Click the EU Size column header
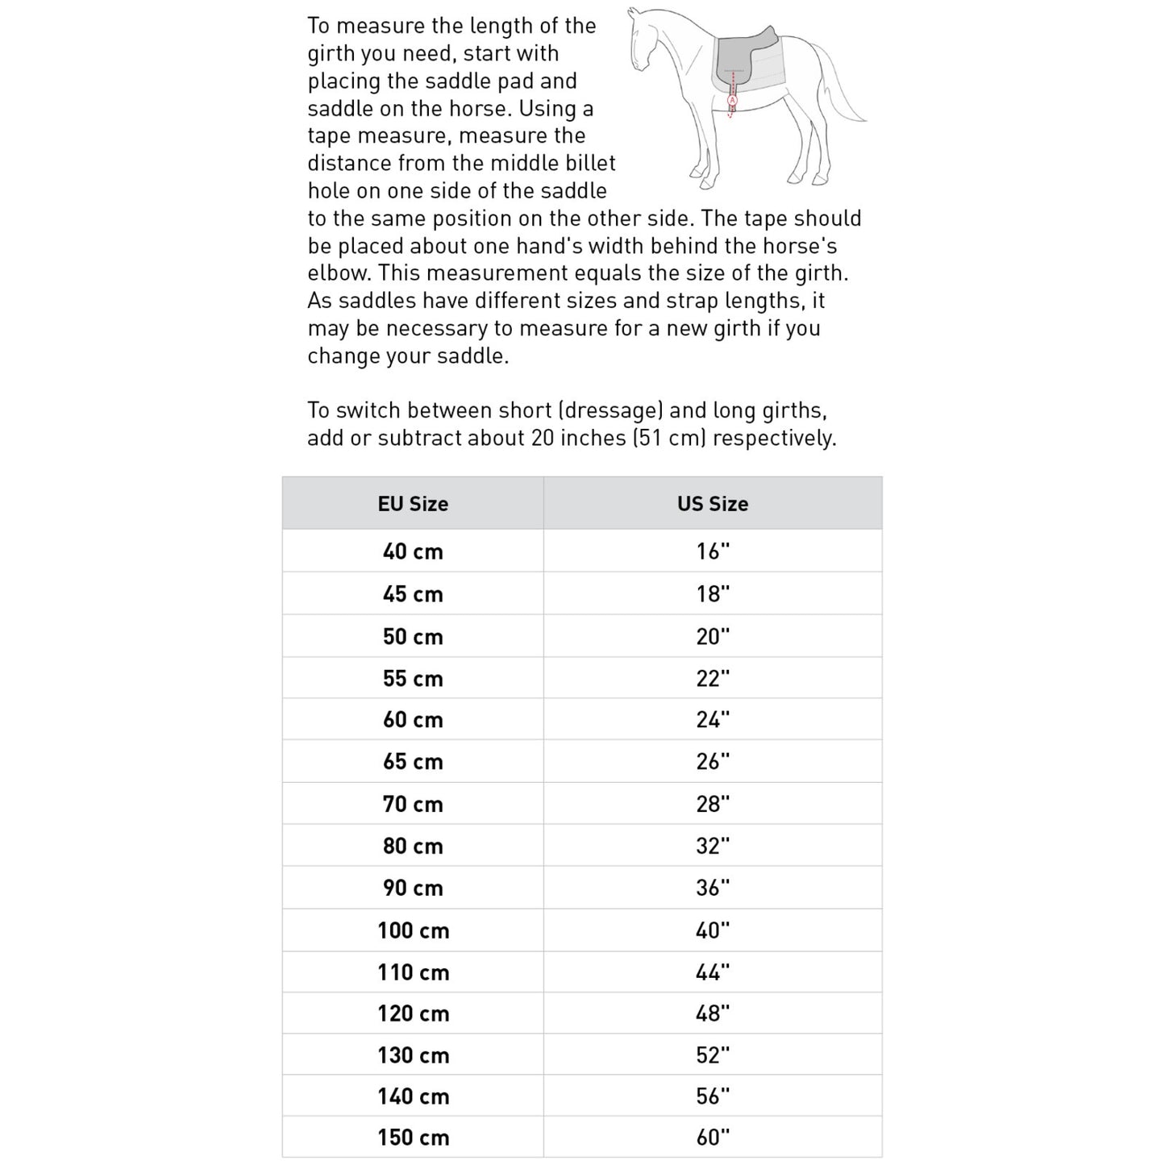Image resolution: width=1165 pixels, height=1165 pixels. point(413,504)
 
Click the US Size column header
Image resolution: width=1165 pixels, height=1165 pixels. point(713,504)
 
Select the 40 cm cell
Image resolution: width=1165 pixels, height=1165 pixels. point(413,551)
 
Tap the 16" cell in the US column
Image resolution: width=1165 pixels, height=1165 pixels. point(713,551)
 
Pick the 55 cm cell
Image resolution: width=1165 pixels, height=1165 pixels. point(413,678)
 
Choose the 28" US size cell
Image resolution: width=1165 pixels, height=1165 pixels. point(713,804)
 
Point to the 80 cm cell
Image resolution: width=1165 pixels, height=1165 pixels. point(413,846)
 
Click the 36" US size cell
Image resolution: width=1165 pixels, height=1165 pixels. point(713,888)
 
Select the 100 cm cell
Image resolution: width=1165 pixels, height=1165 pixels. point(413,930)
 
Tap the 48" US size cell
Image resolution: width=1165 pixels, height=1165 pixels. point(713,1013)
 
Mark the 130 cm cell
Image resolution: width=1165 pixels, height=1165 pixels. point(413,1055)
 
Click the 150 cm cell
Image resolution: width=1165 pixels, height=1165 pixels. point(413,1138)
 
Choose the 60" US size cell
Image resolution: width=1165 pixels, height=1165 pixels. point(713,1138)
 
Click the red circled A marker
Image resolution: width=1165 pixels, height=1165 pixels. point(732,101)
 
